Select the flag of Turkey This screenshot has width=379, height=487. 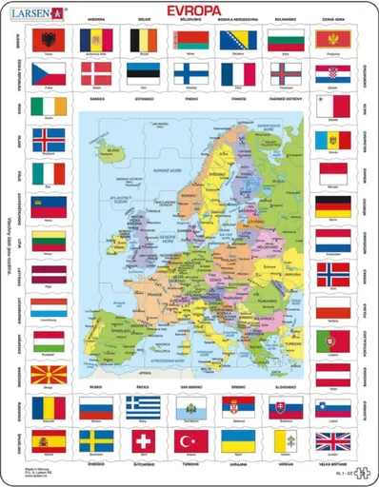pos(189,441)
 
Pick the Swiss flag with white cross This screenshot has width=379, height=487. pos(143,441)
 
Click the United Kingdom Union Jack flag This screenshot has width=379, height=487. pos(332,441)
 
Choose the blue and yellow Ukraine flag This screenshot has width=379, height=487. pos(237,441)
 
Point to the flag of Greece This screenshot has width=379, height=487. pos(143,406)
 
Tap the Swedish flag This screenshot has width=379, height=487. pos(95,441)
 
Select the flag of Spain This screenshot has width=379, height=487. pos(49,441)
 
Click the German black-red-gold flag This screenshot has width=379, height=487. pos(332,205)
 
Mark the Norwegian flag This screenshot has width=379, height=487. pos(332,274)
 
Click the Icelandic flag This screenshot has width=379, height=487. pos(49,140)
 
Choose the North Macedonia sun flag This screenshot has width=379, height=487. pos(49,373)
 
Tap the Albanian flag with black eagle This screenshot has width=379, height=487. pos(49,40)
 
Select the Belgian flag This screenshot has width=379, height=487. pos(143,40)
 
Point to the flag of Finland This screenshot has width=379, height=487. pos(189,74)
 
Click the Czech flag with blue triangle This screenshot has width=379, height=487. pos(49,74)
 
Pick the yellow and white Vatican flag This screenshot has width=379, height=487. pos(285,441)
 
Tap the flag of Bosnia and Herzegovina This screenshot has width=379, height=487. pos(237,40)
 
